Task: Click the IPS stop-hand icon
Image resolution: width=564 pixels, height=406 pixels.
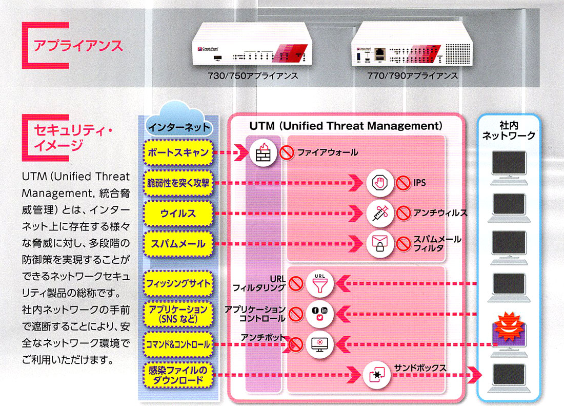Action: pyautogui.click(x=380, y=183)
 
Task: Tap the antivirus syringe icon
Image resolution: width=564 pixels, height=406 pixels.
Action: pyautogui.click(x=380, y=212)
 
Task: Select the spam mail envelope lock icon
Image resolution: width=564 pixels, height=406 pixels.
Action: pyautogui.click(x=380, y=243)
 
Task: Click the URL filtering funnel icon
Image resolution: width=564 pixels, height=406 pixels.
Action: pyautogui.click(x=319, y=283)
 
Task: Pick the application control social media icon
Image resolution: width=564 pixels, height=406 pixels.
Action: pyautogui.click(x=319, y=314)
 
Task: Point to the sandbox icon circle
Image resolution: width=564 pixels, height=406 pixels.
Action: pyautogui.click(x=377, y=376)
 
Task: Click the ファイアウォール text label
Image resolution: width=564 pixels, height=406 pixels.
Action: pyautogui.click(x=327, y=152)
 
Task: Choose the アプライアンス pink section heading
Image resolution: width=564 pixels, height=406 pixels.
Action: pyautogui.click(x=77, y=46)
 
